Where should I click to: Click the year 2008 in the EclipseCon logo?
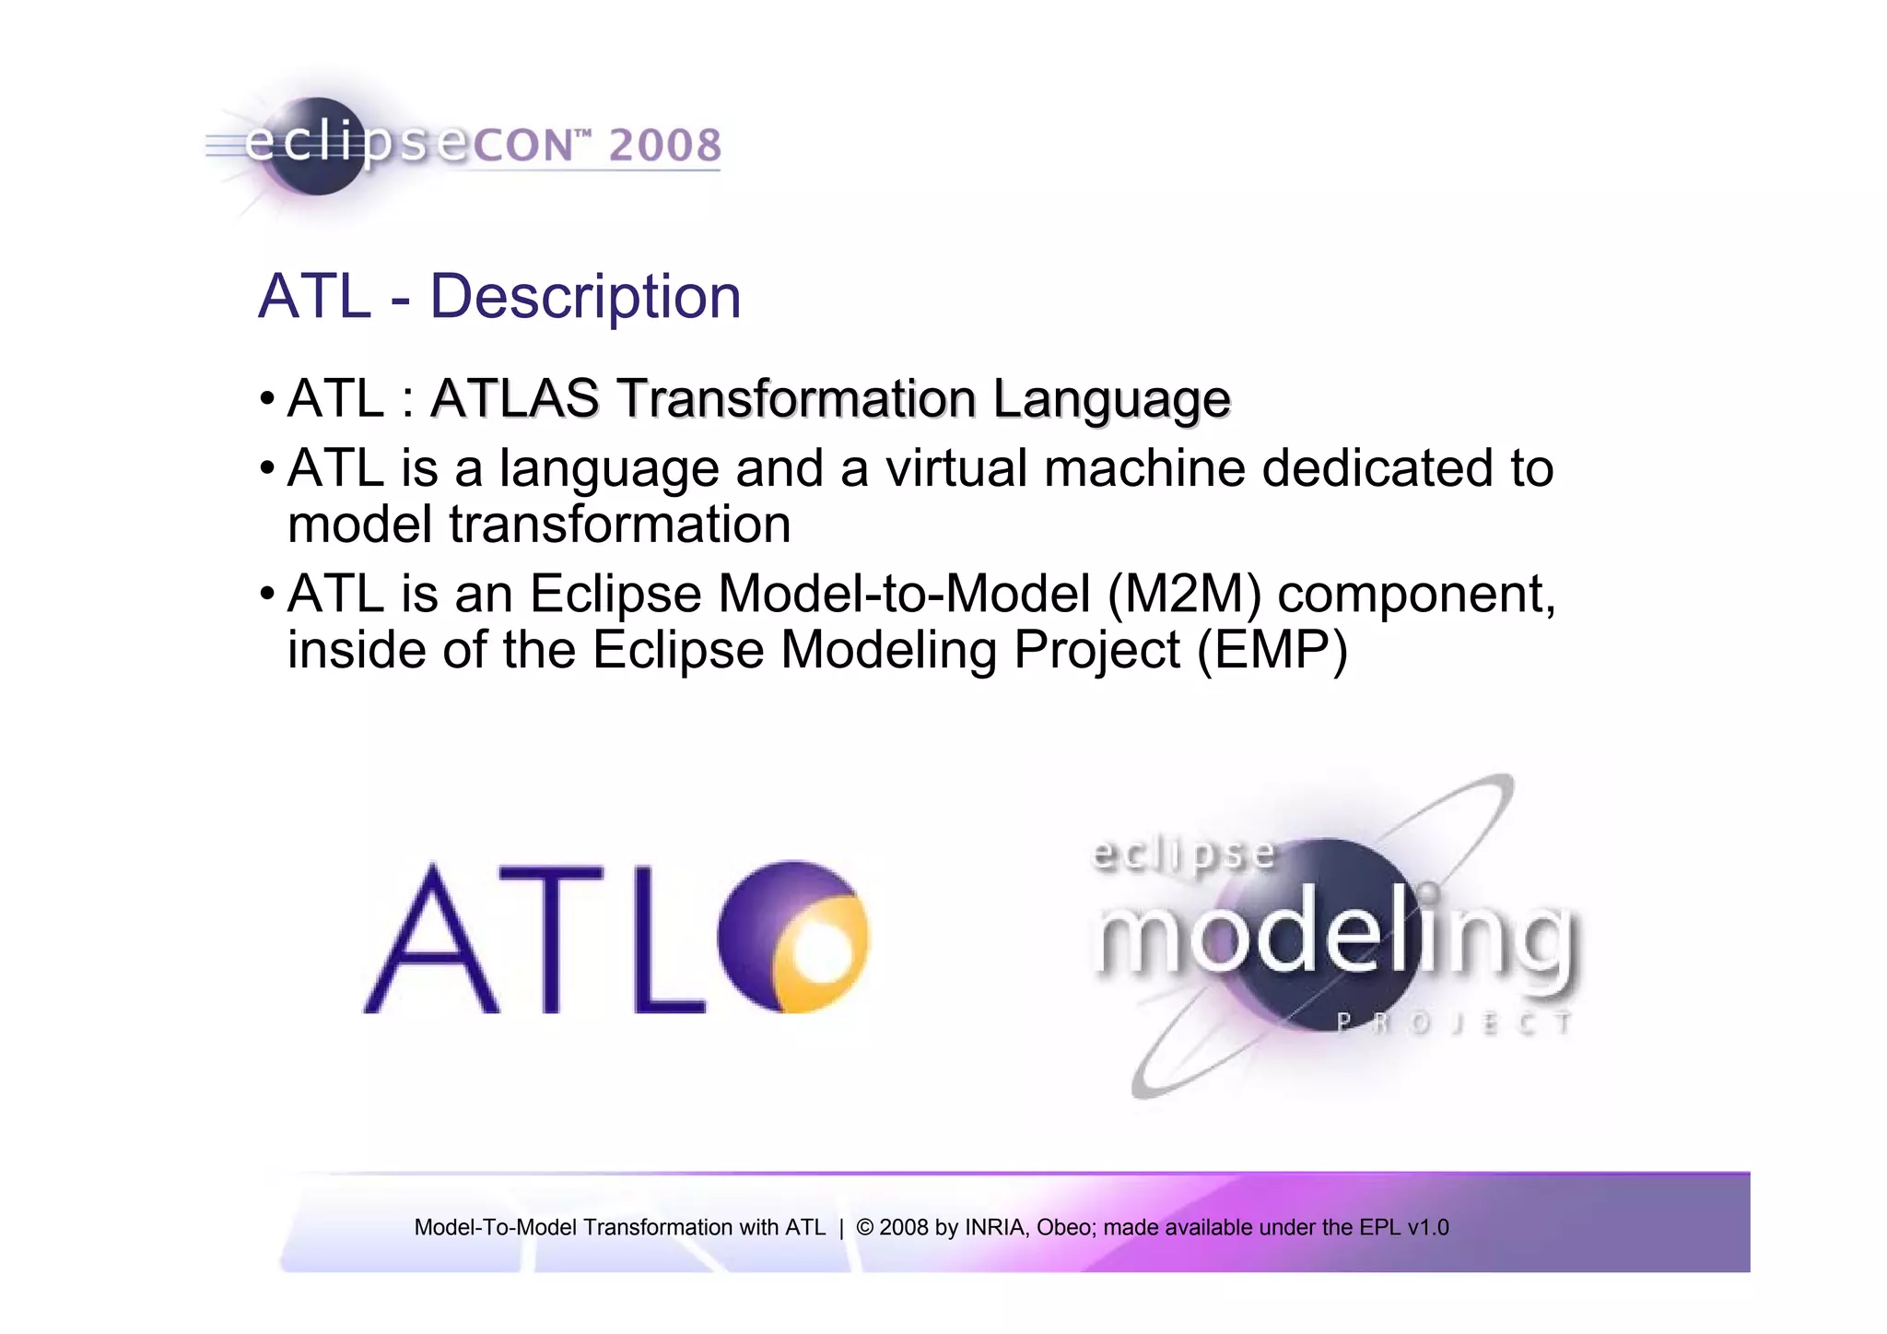coord(664,146)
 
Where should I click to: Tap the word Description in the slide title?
coord(585,297)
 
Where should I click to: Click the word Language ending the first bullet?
coord(1111,400)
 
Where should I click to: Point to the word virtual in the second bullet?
coord(955,468)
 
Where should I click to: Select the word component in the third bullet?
coord(1416,596)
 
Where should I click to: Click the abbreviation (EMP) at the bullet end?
coord(1272,651)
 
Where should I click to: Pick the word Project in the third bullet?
coord(1096,651)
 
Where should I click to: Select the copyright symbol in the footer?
coord(864,1227)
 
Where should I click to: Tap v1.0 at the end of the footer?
coord(1427,1227)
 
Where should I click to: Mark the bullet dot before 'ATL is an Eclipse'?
coord(266,592)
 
